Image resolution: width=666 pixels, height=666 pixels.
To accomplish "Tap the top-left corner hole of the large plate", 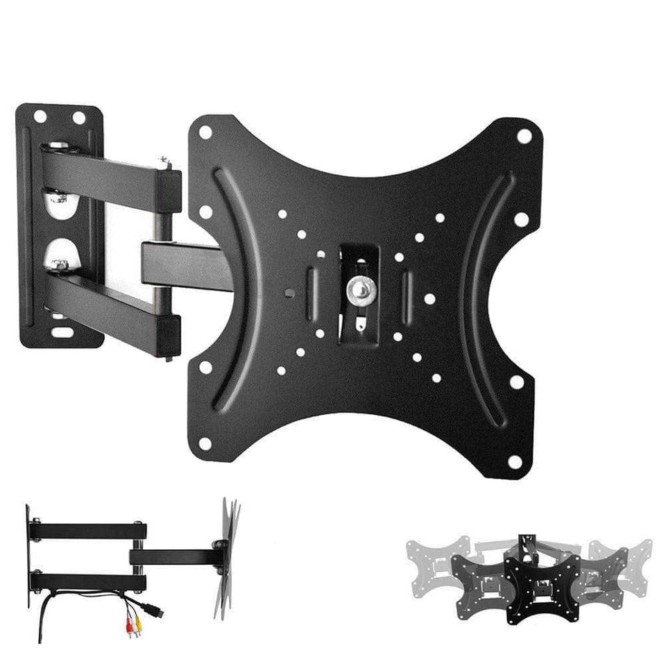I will pyautogui.click(x=205, y=132).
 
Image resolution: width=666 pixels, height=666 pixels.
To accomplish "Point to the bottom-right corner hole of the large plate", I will pyautogui.click(x=514, y=461).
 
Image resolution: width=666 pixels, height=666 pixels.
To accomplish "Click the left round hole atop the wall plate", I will pyautogui.click(x=40, y=117).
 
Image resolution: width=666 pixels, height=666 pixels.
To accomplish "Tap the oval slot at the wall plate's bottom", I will pyautogui.click(x=61, y=332).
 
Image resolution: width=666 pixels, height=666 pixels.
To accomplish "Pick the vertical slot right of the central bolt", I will pyautogui.click(x=407, y=289).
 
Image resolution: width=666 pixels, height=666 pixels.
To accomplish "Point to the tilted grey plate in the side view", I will pyautogui.click(x=226, y=555).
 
